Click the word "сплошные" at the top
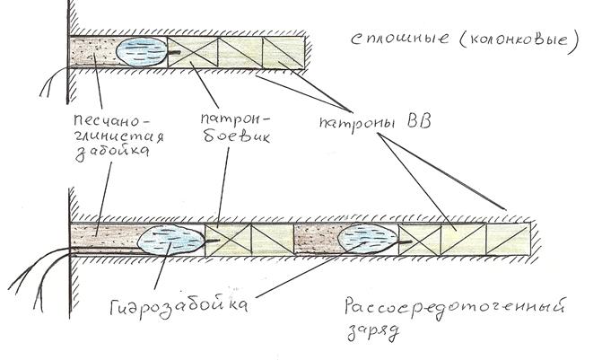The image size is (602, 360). (399, 40)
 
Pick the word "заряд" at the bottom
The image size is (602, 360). (372, 332)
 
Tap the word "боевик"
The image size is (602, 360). (237, 136)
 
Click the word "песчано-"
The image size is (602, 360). (111, 120)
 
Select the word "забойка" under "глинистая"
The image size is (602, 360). (112, 152)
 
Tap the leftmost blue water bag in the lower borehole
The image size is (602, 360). (170, 240)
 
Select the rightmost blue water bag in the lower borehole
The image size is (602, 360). (368, 239)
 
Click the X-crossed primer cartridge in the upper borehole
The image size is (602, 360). (193, 53)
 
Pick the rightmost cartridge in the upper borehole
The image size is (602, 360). (284, 53)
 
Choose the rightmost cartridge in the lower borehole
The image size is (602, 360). (508, 239)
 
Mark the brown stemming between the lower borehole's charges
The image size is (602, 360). (318, 240)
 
